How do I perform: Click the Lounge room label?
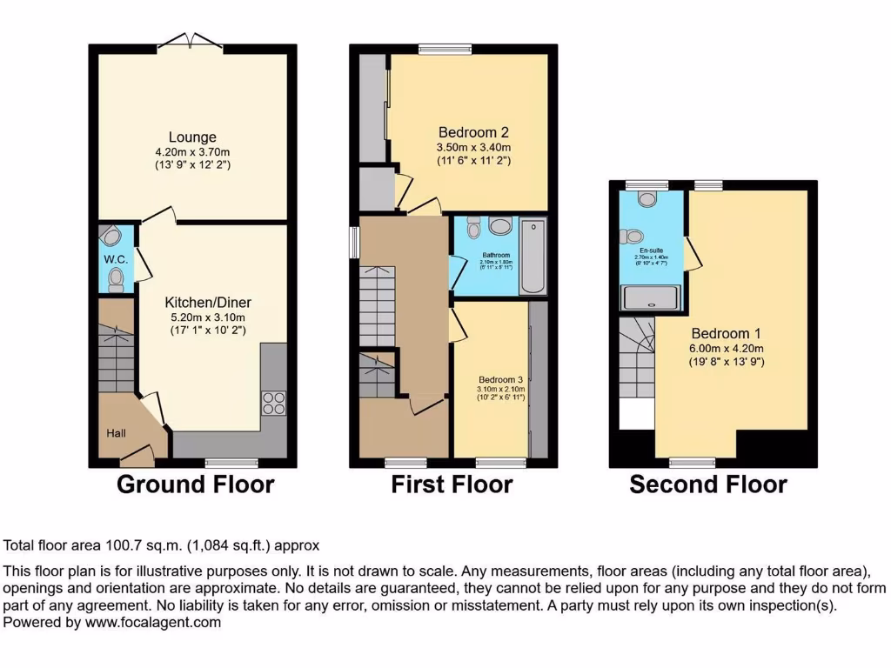tap(192, 137)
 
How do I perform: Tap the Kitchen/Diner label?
tap(208, 303)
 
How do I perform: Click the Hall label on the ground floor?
tap(117, 433)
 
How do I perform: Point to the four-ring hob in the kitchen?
tap(273, 403)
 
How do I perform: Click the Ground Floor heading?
tap(195, 484)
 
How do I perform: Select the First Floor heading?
tap(452, 484)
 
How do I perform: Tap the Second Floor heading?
tap(708, 484)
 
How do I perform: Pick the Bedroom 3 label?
tap(500, 380)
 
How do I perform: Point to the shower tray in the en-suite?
tap(651, 299)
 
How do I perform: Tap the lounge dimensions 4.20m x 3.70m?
tap(192, 151)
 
